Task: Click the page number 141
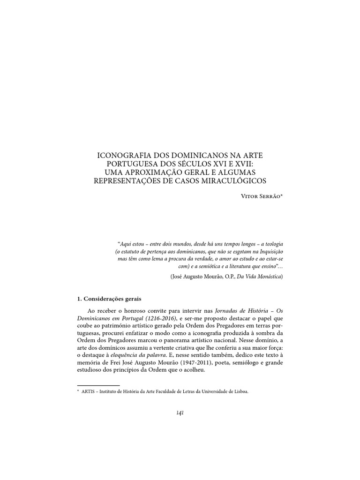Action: pos(180,412)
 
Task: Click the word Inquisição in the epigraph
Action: pos(268,252)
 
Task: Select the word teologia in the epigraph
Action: pos(273,244)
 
